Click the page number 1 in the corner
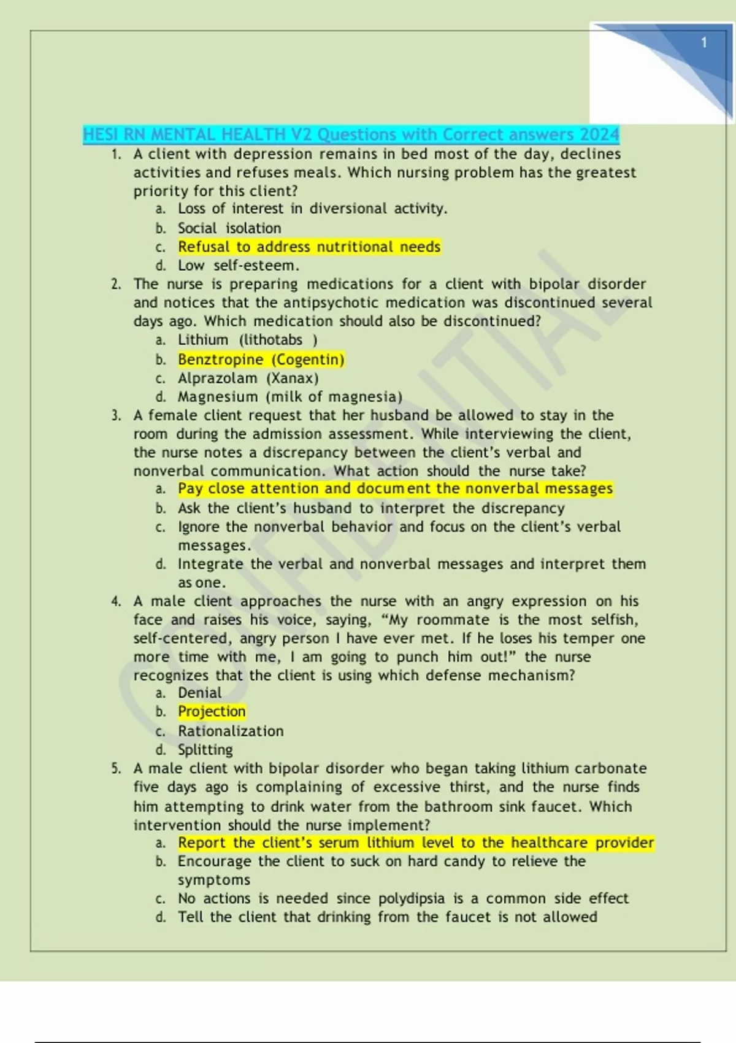(703, 42)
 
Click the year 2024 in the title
(600, 134)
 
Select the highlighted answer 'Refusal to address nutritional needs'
(309, 247)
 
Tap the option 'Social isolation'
(229, 228)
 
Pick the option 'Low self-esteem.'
(239, 266)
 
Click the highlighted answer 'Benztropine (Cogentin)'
(261, 360)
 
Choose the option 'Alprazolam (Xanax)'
(248, 378)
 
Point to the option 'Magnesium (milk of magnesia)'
(290, 397)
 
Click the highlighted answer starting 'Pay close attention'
(395, 488)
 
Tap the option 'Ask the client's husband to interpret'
(371, 508)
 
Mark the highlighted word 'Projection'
(212, 711)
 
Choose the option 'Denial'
(200, 693)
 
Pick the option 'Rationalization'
(231, 731)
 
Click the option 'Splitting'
(205, 750)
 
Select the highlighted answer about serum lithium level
(416, 842)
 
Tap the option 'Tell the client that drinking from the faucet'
(387, 917)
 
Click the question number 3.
(116, 415)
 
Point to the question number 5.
(116, 768)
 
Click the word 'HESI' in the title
(101, 134)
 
